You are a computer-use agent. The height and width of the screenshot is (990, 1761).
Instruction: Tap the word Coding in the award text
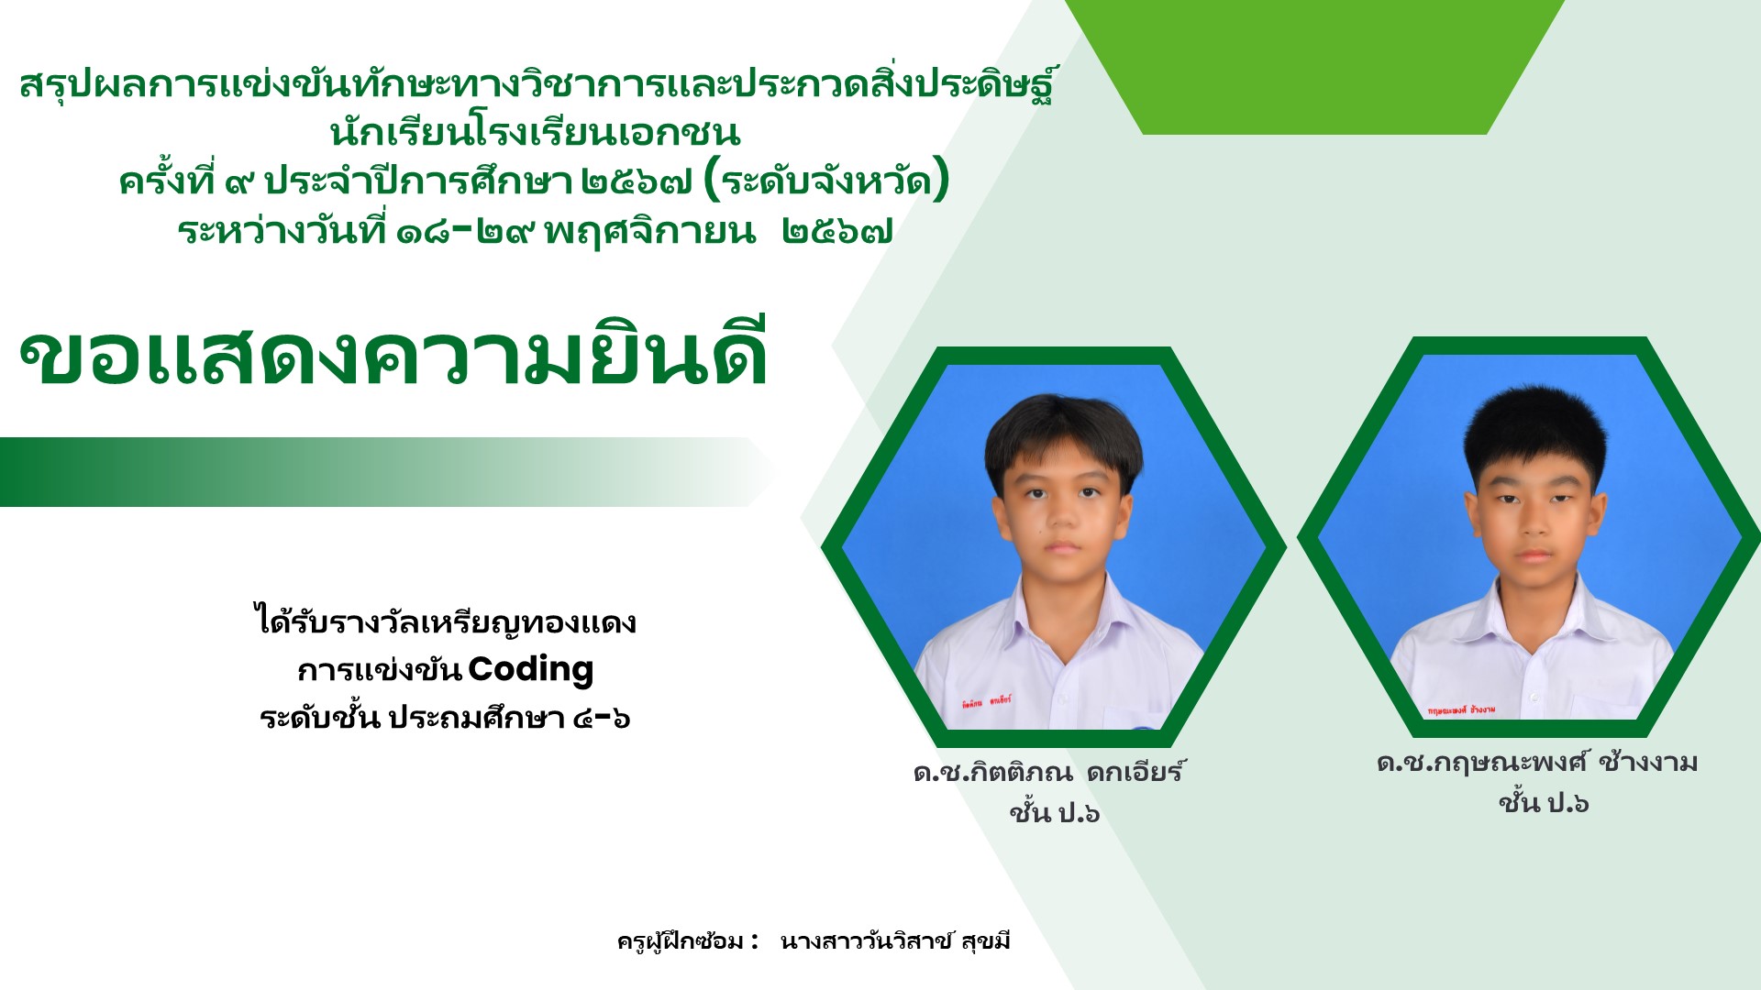[x=531, y=670]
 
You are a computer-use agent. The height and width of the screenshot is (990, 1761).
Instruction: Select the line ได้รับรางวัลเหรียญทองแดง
[x=445, y=621]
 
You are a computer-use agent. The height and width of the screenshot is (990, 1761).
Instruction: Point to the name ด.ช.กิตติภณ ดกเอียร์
[x=1049, y=771]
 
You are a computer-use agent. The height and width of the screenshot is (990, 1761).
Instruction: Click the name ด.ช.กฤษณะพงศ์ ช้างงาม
[x=1537, y=763]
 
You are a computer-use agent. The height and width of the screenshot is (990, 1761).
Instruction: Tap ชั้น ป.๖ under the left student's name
[x=1054, y=812]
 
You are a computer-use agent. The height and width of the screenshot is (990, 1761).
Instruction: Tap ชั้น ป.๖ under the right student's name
[x=1544, y=803]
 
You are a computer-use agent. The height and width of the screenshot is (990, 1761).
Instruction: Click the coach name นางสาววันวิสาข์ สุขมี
[x=895, y=941]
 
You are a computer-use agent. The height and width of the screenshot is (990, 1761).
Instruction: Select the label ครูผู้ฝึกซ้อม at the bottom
[x=681, y=941]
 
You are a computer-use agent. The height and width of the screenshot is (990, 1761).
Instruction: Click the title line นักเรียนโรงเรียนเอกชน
[x=535, y=133]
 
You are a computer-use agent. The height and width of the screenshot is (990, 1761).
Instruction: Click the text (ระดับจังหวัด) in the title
[x=825, y=181]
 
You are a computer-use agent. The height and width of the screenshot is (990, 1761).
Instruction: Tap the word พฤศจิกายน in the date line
[x=649, y=231]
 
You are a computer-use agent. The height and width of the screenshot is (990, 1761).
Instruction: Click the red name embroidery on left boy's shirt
[x=986, y=701]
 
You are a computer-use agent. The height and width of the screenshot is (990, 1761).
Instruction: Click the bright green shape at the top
[x=1314, y=67]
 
